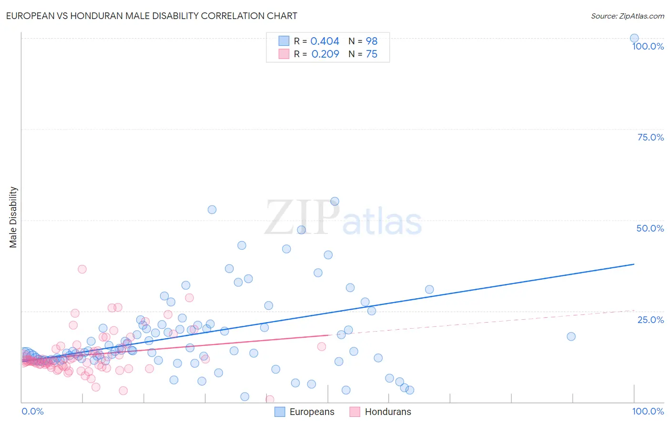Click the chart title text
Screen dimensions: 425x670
(152, 16)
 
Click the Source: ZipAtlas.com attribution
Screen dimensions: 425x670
(627, 16)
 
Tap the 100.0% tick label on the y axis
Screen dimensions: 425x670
(648, 46)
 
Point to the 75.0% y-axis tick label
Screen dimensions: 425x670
(650, 137)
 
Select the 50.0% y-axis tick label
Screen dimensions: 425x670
(650, 228)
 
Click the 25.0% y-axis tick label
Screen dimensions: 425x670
(650, 319)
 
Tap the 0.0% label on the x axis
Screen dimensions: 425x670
(32, 411)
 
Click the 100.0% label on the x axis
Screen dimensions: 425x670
(648, 411)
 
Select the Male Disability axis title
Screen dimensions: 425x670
(13, 217)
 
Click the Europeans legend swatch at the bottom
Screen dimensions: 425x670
(280, 412)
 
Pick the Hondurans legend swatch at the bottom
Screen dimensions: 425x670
(355, 412)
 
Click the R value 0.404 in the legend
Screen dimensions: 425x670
(325, 41)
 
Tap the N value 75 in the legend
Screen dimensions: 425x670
(371, 54)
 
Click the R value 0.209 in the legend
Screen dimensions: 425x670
(325, 54)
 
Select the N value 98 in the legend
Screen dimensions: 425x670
(371, 41)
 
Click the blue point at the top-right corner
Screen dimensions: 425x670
(634, 38)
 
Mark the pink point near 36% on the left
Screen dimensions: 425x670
(82, 269)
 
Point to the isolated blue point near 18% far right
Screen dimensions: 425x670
(571, 336)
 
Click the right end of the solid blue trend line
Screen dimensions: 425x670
(634, 264)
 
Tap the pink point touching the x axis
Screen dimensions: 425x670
(270, 399)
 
